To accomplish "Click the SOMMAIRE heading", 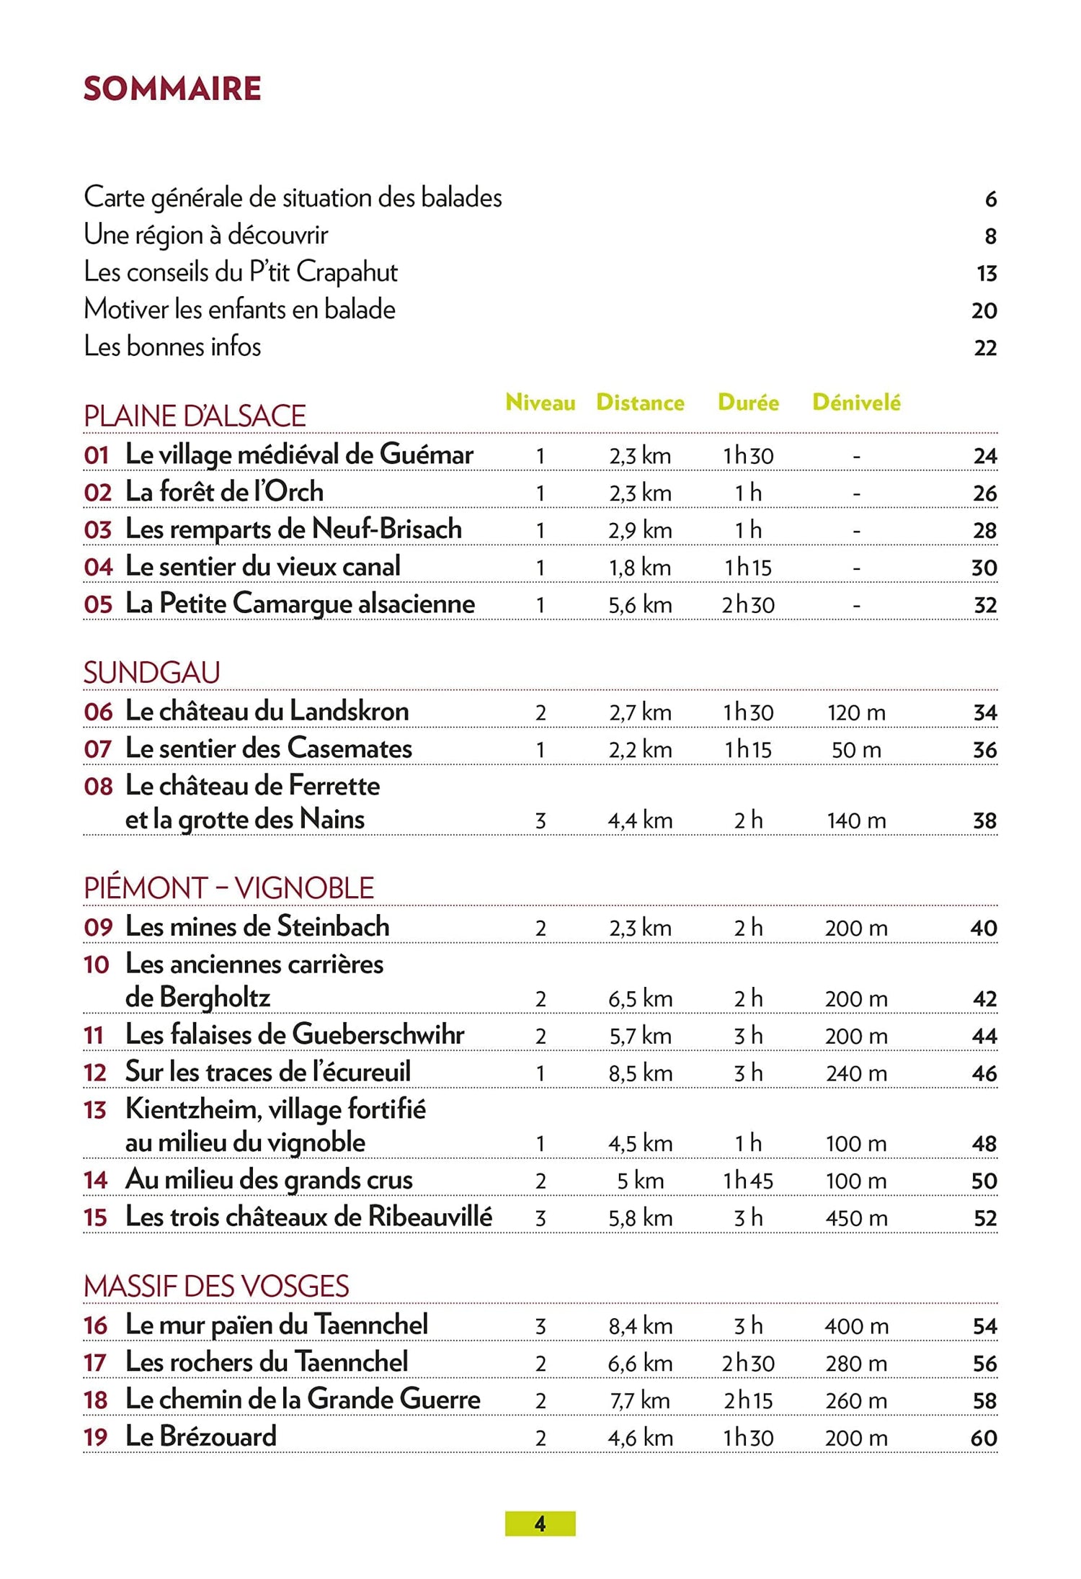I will click(172, 89).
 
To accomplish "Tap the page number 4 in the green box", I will click(540, 1524).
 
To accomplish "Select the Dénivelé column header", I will click(856, 402).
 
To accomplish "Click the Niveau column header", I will click(540, 402).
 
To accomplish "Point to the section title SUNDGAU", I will click(152, 673).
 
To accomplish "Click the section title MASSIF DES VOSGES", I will click(216, 1287).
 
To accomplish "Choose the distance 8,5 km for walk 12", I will click(640, 1073).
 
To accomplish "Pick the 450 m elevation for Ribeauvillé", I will click(856, 1218).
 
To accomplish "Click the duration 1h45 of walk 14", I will click(748, 1181).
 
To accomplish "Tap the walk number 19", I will click(96, 1437).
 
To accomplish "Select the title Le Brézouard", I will click(201, 1436).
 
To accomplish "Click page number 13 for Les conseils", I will click(986, 274).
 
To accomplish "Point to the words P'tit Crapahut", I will click(324, 272).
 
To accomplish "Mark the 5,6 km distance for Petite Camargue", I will click(640, 605).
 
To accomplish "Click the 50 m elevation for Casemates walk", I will click(856, 750).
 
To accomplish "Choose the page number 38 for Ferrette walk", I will click(984, 820).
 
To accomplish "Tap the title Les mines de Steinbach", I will click(257, 926).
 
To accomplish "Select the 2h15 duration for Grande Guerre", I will click(748, 1400).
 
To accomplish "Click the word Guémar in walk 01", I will click(426, 455).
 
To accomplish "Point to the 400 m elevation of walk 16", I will click(856, 1326).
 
